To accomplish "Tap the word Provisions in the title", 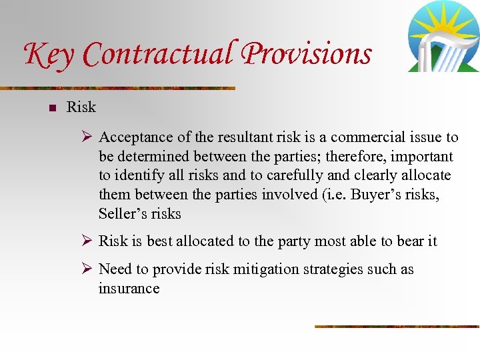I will (x=306, y=55).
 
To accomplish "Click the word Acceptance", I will (x=136, y=137).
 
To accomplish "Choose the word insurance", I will (x=129, y=289).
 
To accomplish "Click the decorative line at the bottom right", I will (x=397, y=326).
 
